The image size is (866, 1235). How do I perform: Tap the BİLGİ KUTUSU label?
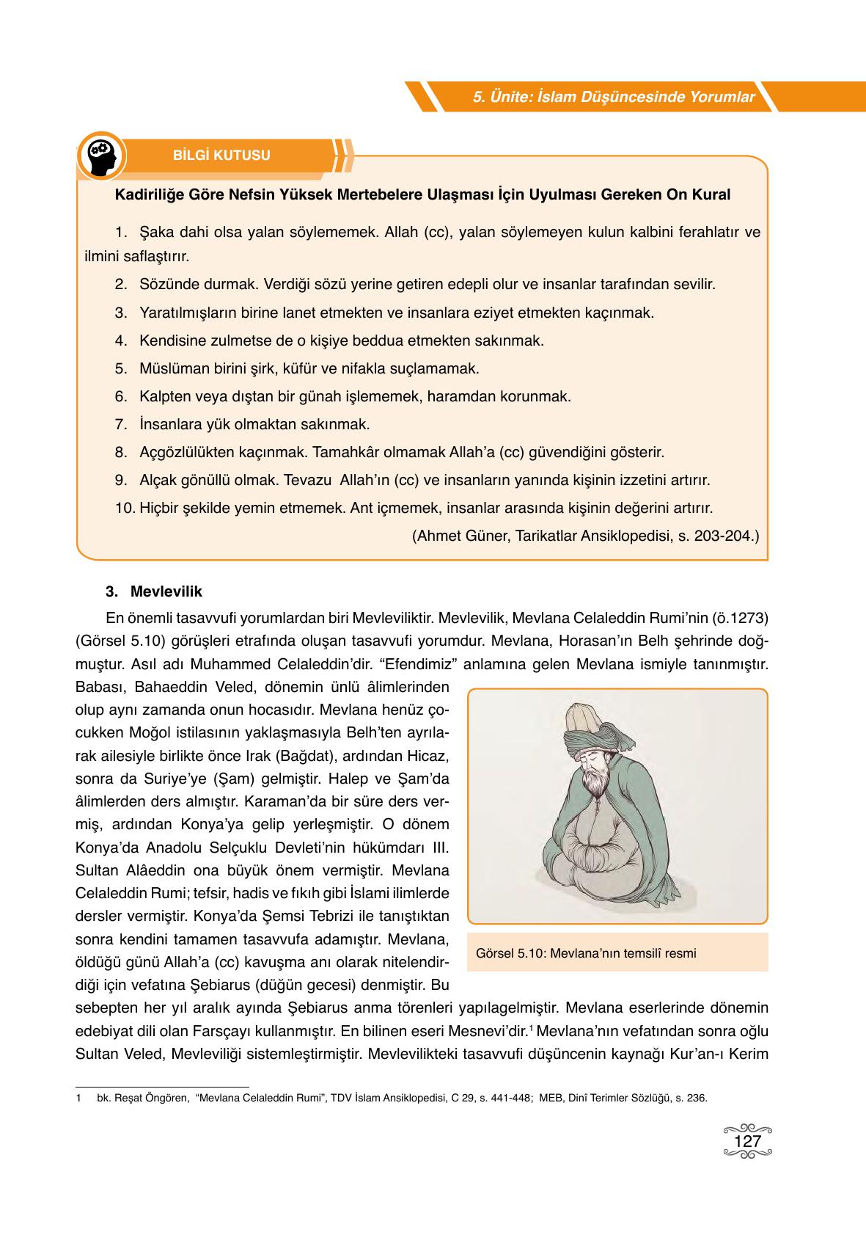pyautogui.click(x=221, y=156)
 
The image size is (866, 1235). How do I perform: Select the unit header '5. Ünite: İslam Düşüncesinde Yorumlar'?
pyautogui.click(x=614, y=97)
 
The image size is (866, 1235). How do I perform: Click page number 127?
pyautogui.click(x=747, y=1142)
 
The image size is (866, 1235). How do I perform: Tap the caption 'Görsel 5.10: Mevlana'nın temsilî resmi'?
pyautogui.click(x=586, y=954)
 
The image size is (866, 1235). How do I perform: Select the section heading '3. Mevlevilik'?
pyautogui.click(x=154, y=591)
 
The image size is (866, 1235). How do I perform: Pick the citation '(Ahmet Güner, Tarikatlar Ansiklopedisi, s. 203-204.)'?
pyautogui.click(x=586, y=536)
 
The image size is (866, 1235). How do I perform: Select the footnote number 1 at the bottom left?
pyautogui.click(x=78, y=1099)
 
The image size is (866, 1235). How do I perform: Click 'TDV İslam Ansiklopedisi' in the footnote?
pyautogui.click(x=384, y=1099)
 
